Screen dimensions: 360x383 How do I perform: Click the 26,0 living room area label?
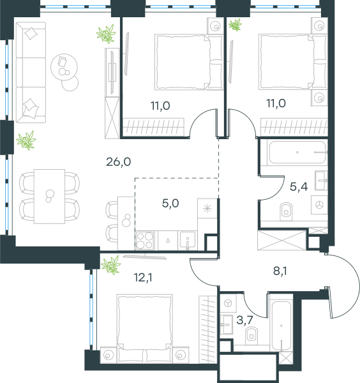119,161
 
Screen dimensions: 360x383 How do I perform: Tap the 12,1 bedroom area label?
143,278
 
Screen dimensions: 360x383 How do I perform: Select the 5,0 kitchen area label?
170,203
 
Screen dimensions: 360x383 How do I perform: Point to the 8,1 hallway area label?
280,271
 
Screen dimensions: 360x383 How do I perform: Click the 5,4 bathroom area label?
299,187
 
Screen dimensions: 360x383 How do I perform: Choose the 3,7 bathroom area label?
244,320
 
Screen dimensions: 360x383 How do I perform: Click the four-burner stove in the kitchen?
145,241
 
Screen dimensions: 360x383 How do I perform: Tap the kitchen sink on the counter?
188,241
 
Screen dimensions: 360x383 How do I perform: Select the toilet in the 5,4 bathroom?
286,211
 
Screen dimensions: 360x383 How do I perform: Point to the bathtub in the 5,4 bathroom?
297,153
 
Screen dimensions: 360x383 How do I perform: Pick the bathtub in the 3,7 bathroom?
281,326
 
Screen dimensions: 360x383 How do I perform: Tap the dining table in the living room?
49,197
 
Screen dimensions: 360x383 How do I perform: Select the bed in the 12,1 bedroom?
145,328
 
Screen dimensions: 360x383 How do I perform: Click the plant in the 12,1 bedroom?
111,265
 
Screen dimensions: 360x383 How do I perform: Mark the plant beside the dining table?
26,140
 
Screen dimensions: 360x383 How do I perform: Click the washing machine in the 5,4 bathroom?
319,205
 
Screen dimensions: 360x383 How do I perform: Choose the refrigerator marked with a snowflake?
207,208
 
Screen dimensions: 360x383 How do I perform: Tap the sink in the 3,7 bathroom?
226,324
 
